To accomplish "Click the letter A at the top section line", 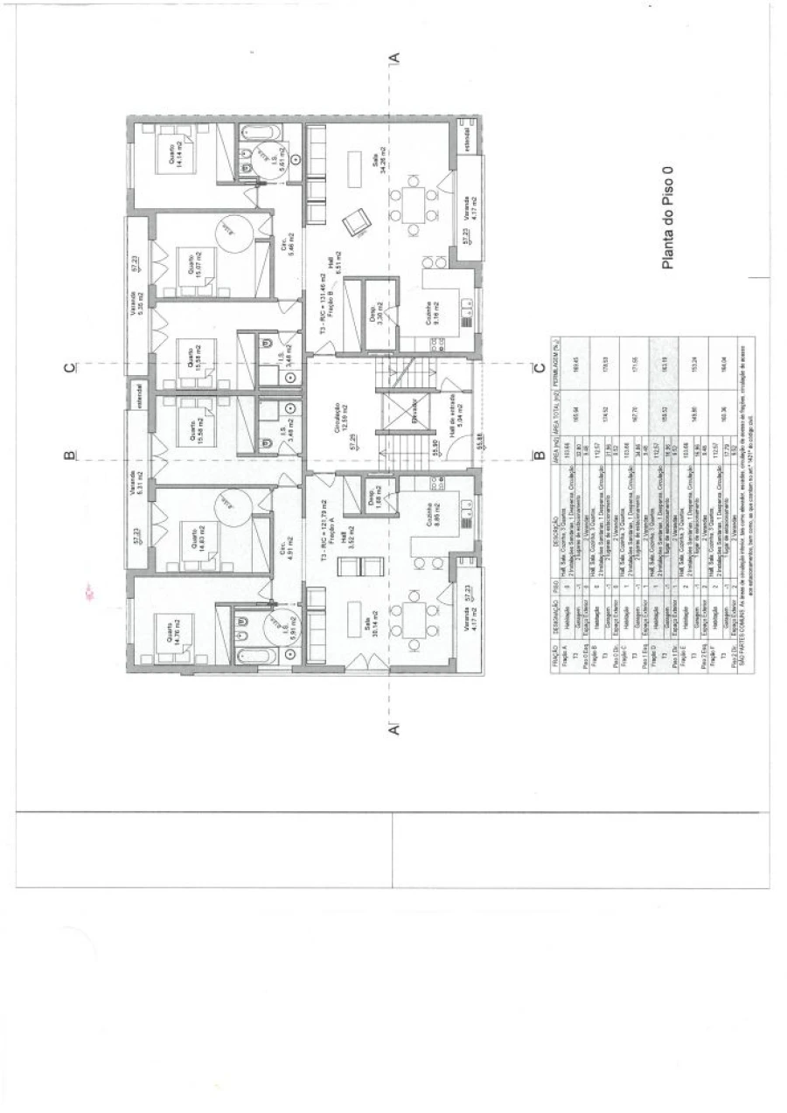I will pyautogui.click(x=394, y=57).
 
